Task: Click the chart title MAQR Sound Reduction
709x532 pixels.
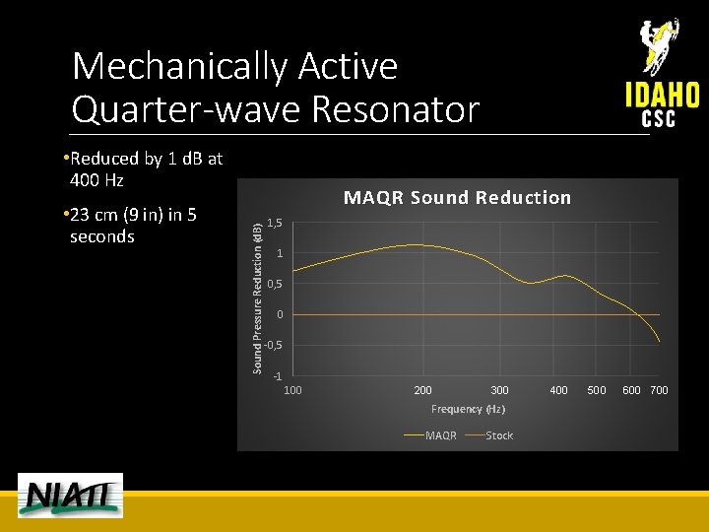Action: [457, 198]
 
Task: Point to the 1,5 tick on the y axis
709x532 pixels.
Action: [276, 224]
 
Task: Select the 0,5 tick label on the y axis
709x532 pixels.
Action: [276, 285]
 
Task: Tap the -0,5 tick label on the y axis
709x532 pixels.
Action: [274, 346]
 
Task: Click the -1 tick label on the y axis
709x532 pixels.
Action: [278, 377]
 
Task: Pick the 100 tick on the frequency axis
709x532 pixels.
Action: [293, 391]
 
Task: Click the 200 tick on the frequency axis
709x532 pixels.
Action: [422, 391]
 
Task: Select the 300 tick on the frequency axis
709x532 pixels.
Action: [499, 391]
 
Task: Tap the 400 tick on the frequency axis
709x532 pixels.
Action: [558, 391]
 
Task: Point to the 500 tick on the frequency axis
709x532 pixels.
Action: [597, 391]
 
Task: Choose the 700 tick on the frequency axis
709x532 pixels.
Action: [659, 391]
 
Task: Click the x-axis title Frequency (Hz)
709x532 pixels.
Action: [468, 409]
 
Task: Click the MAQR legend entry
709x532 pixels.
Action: [433, 435]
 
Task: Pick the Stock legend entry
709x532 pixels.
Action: [492, 435]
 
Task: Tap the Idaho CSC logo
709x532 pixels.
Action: [662, 75]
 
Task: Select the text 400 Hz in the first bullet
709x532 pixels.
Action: [97, 181]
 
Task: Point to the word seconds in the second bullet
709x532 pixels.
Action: [102, 236]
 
